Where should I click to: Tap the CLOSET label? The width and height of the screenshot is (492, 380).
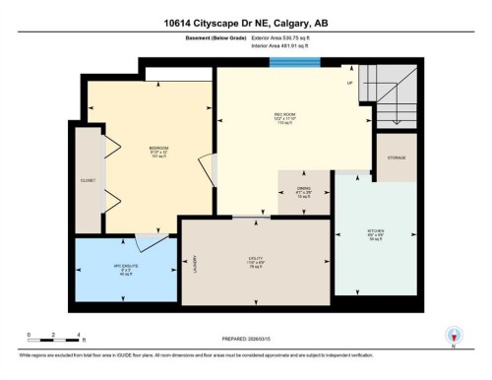click(89, 181)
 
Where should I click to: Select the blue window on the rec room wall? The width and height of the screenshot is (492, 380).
click(295, 63)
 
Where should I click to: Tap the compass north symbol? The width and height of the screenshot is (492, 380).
click(454, 336)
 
